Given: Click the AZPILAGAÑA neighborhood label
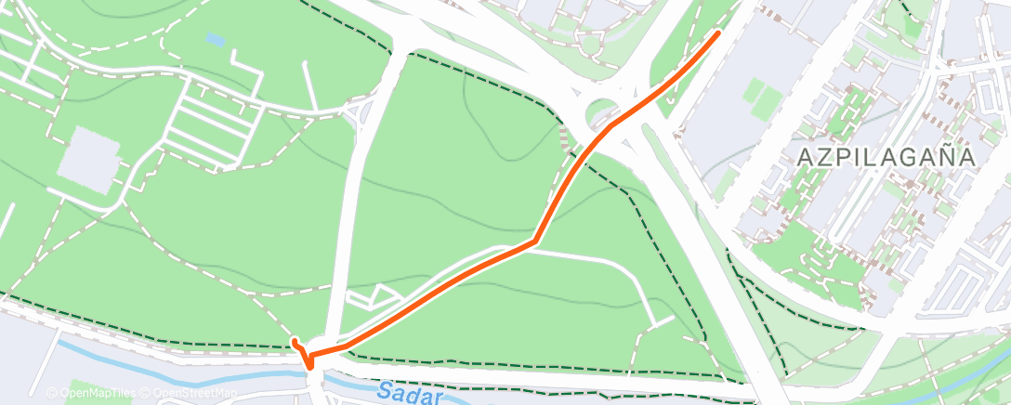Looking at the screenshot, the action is [886, 157].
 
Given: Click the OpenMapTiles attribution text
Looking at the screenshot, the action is [92, 393].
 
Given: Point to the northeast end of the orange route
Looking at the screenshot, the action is [717, 33].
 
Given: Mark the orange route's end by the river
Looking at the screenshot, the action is [295, 343].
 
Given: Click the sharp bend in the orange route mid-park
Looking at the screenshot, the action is [534, 242].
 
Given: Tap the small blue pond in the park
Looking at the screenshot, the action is [215, 40].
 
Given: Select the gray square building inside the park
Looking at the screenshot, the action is [89, 154].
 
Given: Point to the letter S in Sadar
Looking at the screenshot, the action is [386, 388].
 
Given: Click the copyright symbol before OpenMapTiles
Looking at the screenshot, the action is [52, 393].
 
